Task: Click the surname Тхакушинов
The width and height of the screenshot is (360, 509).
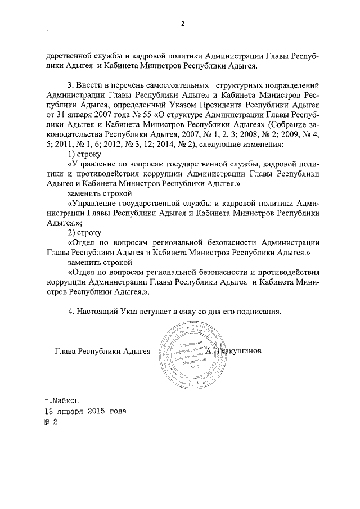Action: [x=240, y=352]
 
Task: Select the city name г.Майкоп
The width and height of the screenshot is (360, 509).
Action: [x=62, y=402]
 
